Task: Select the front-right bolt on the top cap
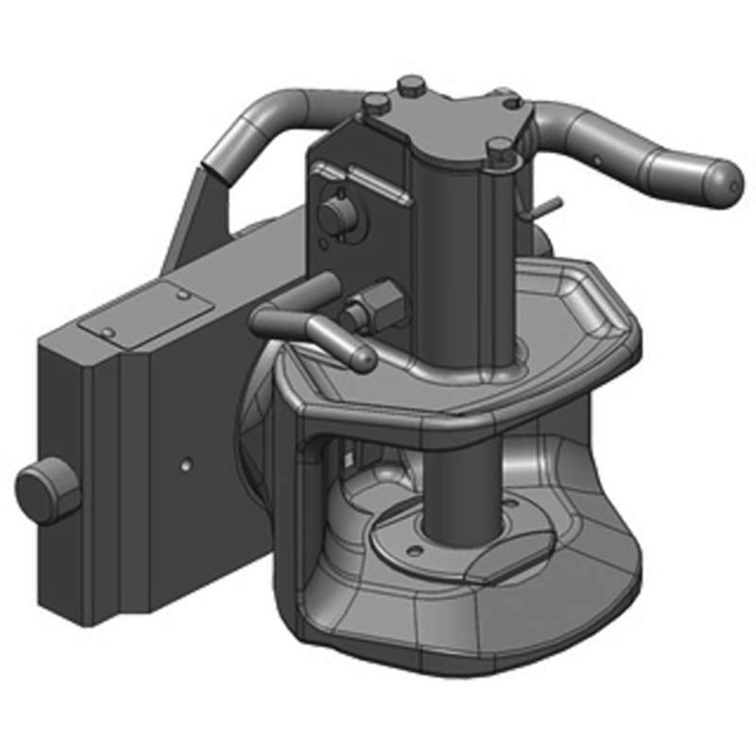(500, 150)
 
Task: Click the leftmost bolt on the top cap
(373, 103)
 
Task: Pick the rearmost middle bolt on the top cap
(411, 87)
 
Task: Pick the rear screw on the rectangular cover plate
(181, 295)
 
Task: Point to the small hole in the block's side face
(187, 464)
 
